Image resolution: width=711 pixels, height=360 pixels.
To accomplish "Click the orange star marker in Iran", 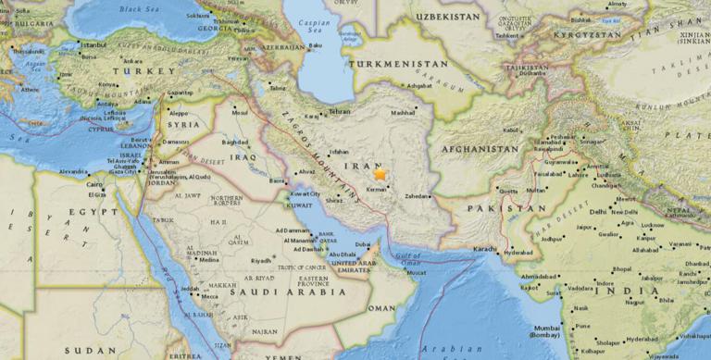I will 380,173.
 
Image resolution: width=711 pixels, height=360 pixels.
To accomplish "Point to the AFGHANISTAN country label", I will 480,148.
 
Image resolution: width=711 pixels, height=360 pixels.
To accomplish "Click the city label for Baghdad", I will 235,142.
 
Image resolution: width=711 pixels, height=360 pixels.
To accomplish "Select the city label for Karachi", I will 487,250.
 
